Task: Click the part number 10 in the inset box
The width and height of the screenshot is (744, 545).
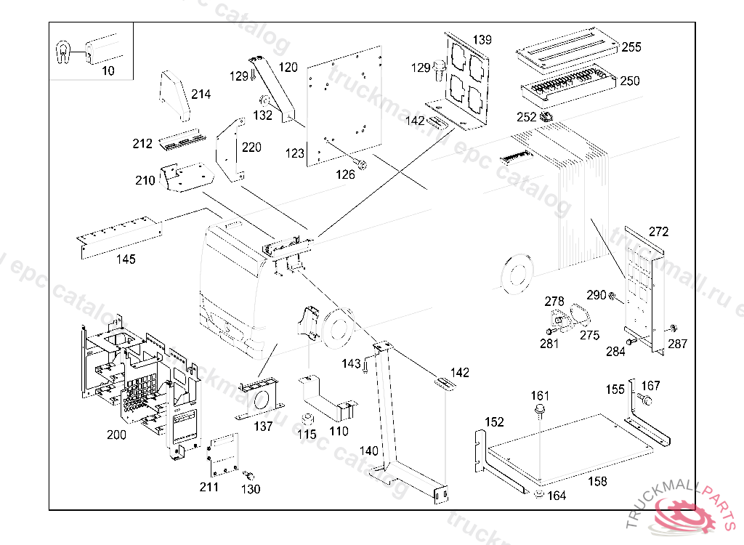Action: click(108, 70)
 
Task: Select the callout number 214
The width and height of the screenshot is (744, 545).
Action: click(201, 94)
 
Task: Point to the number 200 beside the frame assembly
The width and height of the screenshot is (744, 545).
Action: click(116, 435)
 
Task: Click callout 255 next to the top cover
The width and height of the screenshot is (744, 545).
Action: click(631, 47)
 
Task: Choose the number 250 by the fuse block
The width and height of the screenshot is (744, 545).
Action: click(629, 81)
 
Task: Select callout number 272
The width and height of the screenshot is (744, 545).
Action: click(658, 232)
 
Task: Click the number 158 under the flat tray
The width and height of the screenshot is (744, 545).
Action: click(597, 481)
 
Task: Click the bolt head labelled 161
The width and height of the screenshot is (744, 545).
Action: click(540, 412)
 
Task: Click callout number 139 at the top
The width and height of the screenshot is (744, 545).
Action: click(482, 39)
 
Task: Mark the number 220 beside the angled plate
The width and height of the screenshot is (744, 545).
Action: click(251, 148)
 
